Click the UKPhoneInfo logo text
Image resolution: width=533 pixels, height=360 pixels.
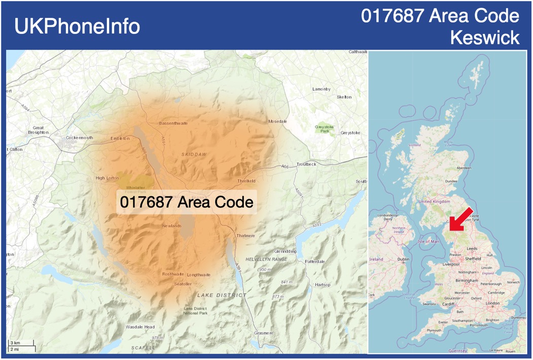(x=77, y=26)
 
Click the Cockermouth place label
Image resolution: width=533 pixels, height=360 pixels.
(x=80, y=137)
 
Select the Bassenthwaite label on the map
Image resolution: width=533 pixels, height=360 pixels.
(x=173, y=123)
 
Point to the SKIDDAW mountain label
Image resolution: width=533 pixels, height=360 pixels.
(x=194, y=154)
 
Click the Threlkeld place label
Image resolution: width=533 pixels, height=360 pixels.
(x=246, y=181)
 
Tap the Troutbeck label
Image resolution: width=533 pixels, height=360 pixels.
(x=306, y=164)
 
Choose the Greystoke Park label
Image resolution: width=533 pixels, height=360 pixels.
(x=322, y=129)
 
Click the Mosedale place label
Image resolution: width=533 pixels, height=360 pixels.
(x=277, y=121)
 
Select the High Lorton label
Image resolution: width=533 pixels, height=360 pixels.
(x=107, y=178)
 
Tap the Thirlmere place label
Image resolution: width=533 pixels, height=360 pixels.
(x=246, y=236)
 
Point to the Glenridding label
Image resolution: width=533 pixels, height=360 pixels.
(x=285, y=251)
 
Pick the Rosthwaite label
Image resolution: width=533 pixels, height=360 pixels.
(x=173, y=274)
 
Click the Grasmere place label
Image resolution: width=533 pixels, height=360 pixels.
(x=264, y=333)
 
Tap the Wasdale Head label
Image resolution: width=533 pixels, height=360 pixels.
(x=140, y=327)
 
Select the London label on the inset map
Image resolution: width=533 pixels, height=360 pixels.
(x=493, y=303)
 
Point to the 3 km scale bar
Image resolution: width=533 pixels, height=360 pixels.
(x=21, y=344)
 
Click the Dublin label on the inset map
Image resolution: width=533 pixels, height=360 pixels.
(x=404, y=259)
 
